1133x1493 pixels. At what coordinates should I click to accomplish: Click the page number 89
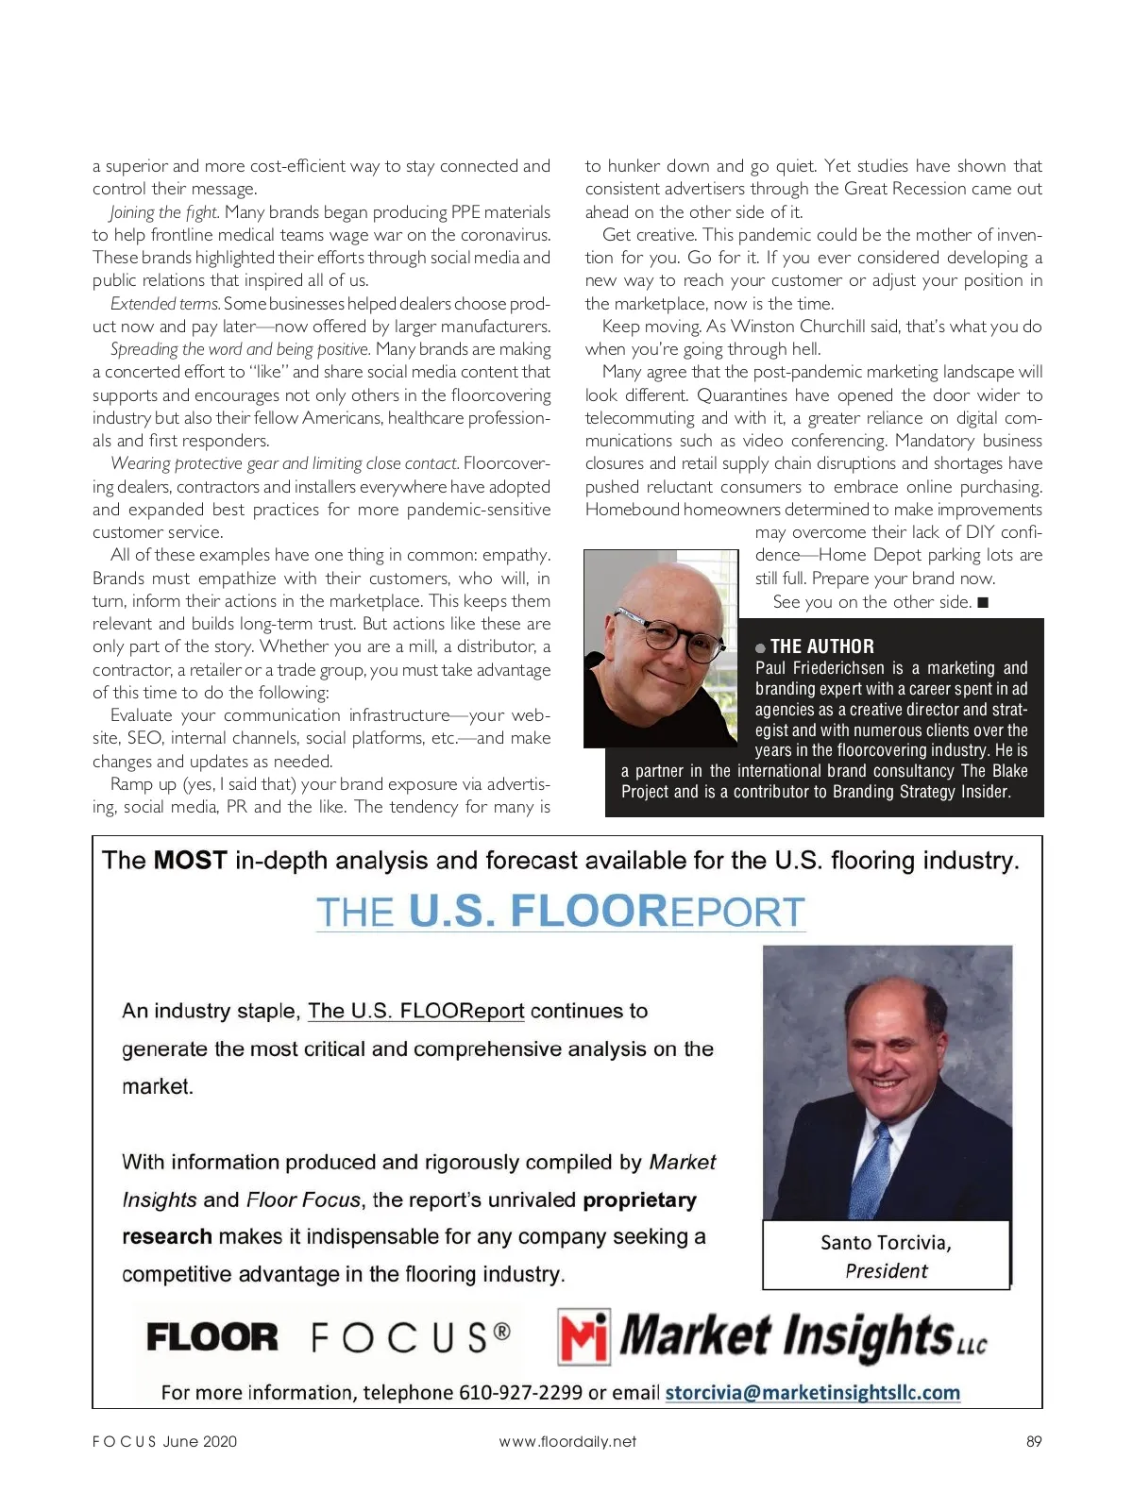click(x=1033, y=1441)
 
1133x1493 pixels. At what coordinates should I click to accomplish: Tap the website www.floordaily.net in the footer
click(x=567, y=1441)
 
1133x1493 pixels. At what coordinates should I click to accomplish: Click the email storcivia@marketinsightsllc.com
click(x=812, y=1392)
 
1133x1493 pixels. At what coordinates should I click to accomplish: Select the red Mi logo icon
click(x=583, y=1335)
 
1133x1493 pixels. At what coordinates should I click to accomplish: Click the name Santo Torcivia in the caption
click(x=886, y=1242)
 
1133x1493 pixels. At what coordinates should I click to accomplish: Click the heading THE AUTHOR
click(x=821, y=646)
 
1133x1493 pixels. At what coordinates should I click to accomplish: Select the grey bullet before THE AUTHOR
click(x=760, y=647)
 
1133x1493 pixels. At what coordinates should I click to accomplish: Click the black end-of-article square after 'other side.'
click(x=983, y=602)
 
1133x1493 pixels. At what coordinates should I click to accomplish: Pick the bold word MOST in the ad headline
click(x=190, y=860)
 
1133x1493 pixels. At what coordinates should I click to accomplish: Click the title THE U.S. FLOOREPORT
click(x=561, y=912)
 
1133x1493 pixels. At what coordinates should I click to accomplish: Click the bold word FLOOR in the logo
click(x=212, y=1337)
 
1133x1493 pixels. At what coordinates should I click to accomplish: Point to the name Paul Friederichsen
click(x=820, y=668)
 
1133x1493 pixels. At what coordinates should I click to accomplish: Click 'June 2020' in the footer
click(x=199, y=1441)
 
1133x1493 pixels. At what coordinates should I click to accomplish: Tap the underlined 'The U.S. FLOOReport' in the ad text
click(x=415, y=1011)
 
